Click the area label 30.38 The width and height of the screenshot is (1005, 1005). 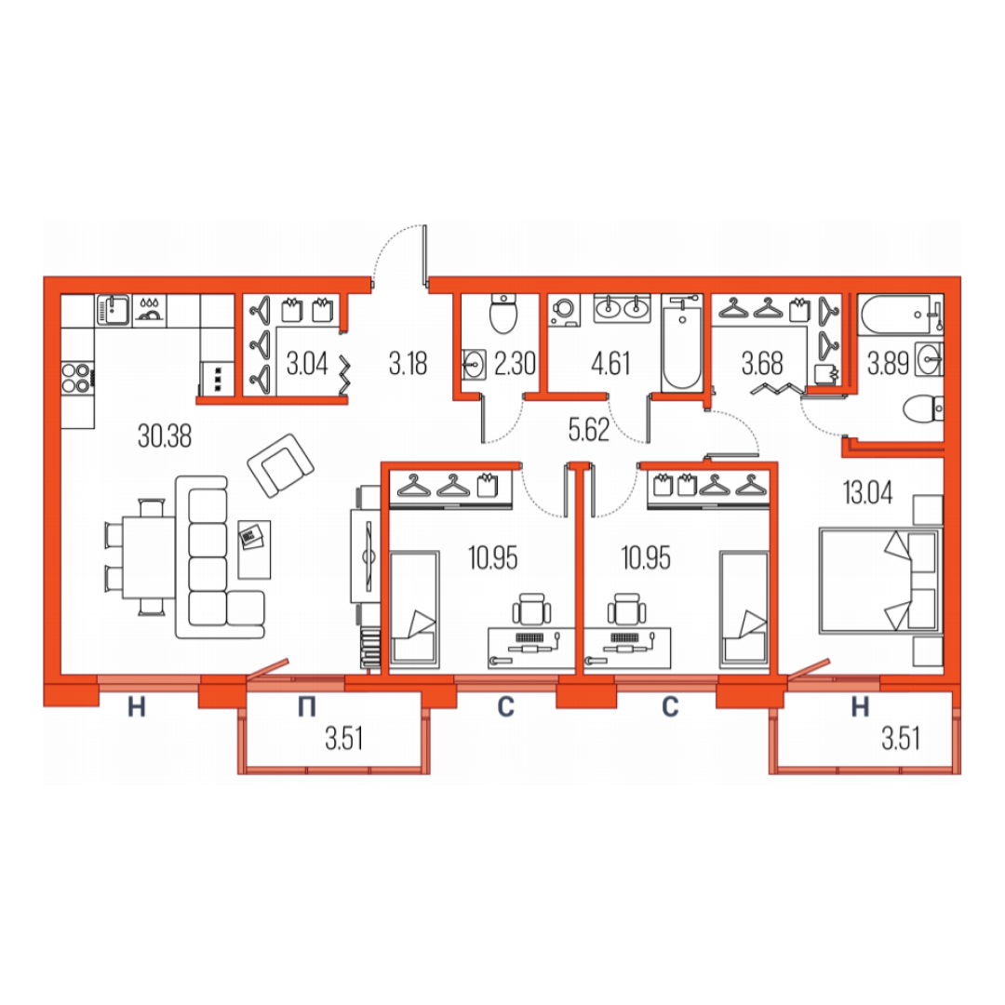click(x=165, y=436)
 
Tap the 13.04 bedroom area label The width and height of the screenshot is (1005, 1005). click(x=867, y=493)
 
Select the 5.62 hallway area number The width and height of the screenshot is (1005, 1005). click(x=588, y=429)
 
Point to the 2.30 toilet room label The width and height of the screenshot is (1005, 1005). click(x=515, y=364)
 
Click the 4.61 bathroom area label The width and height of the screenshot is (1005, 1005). click(x=610, y=364)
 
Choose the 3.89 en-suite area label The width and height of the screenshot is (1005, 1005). click(x=888, y=364)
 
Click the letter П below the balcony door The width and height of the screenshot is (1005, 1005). click(x=307, y=707)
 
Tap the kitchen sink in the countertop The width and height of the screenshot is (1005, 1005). click(x=113, y=310)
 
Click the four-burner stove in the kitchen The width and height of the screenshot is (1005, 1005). click(x=77, y=378)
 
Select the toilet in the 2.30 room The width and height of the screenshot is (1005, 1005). click(x=503, y=314)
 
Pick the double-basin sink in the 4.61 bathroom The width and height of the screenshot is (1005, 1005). click(x=622, y=308)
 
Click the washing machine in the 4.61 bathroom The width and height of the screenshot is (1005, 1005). click(x=564, y=310)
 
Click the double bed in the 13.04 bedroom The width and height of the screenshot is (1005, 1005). click(x=879, y=581)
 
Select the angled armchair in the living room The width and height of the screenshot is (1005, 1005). click(x=281, y=465)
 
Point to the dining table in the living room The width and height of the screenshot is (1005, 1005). click(x=149, y=557)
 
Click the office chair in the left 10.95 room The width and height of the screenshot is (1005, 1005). click(x=531, y=610)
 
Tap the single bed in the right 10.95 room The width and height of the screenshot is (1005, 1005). click(x=744, y=608)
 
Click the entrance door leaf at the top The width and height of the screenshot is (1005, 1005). click(x=425, y=254)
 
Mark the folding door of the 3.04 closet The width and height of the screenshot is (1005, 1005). click(x=345, y=375)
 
